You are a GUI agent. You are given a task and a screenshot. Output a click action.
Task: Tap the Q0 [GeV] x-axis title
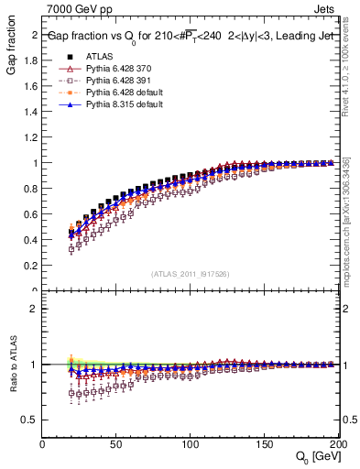point(318,457)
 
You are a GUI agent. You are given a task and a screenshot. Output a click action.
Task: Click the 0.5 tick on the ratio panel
point(30,420)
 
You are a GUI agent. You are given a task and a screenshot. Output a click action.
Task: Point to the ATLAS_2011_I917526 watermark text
point(191,274)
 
